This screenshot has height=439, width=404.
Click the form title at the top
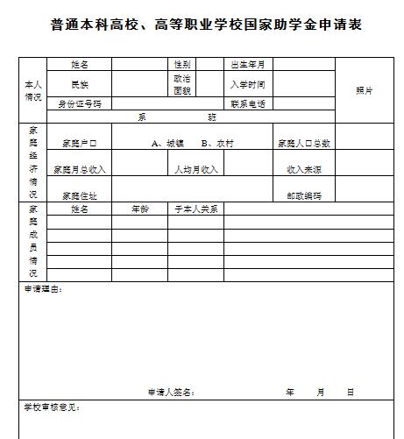click(x=206, y=25)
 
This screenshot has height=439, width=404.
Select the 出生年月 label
click(x=248, y=65)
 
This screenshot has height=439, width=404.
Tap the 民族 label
click(x=80, y=84)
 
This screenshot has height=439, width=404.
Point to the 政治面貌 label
click(x=182, y=84)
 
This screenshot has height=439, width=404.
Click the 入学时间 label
click(x=248, y=84)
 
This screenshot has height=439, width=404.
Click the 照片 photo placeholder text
click(x=364, y=91)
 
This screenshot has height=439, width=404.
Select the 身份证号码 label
click(x=80, y=103)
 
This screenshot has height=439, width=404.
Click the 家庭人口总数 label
click(x=303, y=143)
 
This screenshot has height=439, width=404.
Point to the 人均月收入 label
click(x=195, y=169)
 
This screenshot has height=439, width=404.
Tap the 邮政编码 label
click(x=303, y=195)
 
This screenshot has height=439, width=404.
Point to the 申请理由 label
click(x=42, y=288)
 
